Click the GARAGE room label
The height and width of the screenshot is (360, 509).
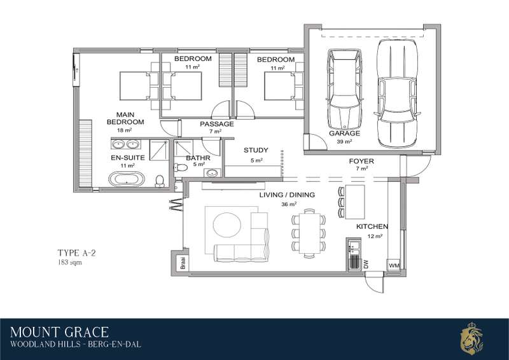point(344,133)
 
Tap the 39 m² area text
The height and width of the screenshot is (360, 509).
point(344,141)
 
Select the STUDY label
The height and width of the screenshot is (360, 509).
point(256,150)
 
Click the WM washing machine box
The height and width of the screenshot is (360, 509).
point(394,265)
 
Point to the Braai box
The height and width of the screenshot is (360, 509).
point(183,263)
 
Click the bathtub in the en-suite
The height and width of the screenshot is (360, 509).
point(127,179)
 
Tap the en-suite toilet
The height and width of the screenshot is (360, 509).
point(160,181)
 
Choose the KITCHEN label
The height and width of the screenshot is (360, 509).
point(372,226)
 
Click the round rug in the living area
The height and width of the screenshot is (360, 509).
point(227,225)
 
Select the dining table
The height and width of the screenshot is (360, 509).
point(310,233)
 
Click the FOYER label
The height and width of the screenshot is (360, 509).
point(361,161)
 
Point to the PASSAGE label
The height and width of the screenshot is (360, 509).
point(217,124)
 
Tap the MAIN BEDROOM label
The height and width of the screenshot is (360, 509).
point(125,118)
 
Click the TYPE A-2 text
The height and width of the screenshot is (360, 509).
point(76,253)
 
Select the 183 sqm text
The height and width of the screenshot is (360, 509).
point(70,262)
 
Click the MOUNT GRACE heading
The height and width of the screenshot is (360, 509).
point(59,333)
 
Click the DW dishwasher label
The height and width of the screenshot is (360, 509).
point(366,265)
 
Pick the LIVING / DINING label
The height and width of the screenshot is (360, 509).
point(287,195)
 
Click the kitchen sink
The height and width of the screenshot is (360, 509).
point(353,247)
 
